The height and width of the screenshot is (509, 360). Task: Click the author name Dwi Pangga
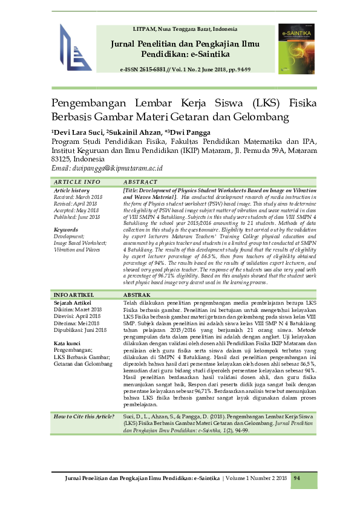point(192,132)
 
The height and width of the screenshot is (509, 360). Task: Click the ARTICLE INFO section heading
point(77,182)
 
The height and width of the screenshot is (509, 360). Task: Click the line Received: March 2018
point(78,197)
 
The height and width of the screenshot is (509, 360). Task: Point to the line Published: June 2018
point(78,217)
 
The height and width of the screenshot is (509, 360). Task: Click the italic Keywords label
point(67,230)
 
